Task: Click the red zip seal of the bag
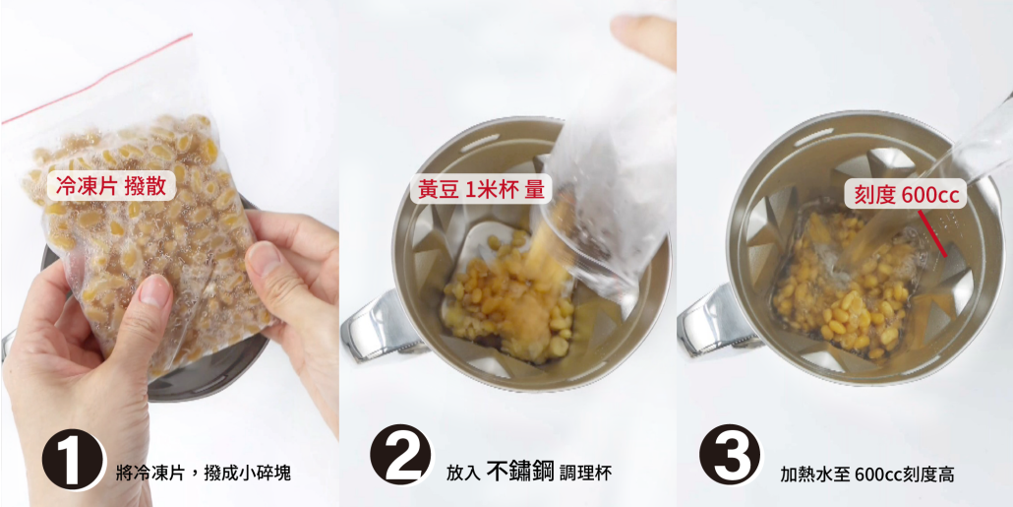coord(98,79)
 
